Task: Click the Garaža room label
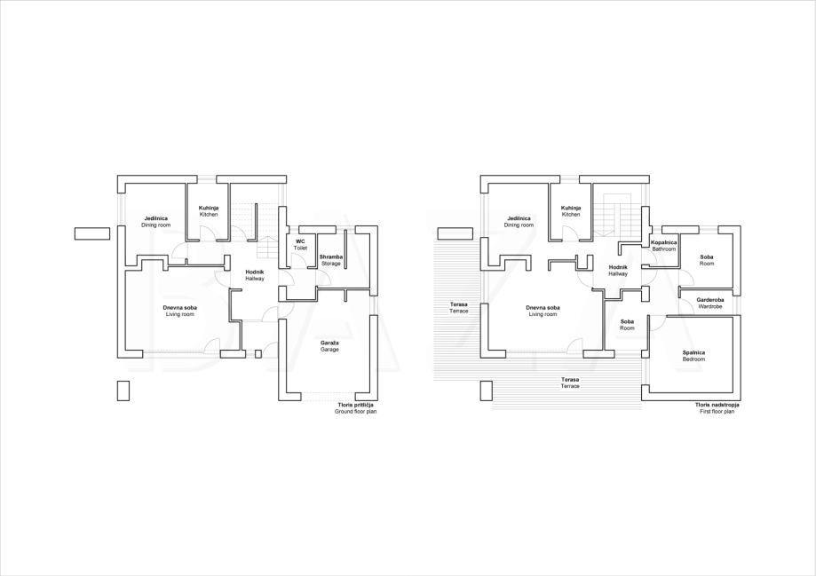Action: [x=329, y=346]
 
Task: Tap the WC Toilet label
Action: [x=300, y=245]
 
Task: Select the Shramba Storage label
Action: [x=331, y=260]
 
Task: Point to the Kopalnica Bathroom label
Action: [x=664, y=246]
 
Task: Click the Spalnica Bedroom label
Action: [x=693, y=356]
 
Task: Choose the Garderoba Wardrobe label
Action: [x=709, y=304]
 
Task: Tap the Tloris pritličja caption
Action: [x=356, y=408]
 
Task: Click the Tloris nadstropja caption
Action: [x=717, y=408]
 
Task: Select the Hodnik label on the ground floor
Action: [x=255, y=275]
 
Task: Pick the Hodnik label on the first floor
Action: [x=618, y=271]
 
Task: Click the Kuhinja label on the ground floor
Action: [x=208, y=211]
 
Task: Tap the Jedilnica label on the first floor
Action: [x=519, y=222]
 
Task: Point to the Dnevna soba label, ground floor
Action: [x=179, y=312]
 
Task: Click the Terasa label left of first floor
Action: [x=458, y=307]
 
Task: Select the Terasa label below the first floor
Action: [x=570, y=383]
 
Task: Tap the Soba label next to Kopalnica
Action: [x=707, y=260]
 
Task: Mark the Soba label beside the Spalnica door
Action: [x=627, y=325]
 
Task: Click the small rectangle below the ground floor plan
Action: [x=123, y=391]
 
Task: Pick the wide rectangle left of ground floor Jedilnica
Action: [x=92, y=233]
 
